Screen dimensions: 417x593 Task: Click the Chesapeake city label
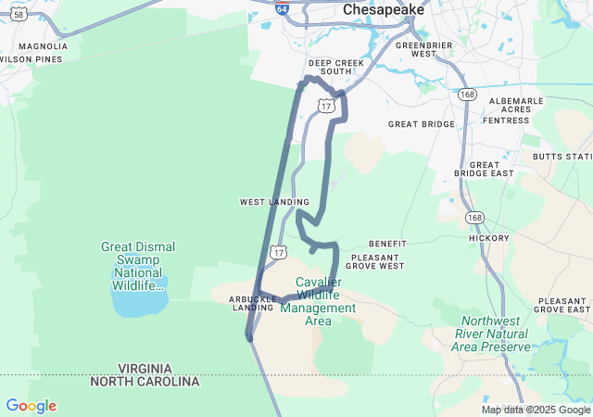[383, 9]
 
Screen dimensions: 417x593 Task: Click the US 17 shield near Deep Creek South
[325, 106]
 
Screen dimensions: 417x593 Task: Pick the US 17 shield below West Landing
[279, 251]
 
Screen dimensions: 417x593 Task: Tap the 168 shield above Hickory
[475, 217]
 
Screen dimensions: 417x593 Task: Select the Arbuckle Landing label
[254, 303]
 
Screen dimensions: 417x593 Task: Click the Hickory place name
[489, 238]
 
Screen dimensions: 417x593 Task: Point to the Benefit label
[387, 244]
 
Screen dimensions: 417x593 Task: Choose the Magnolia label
[43, 46]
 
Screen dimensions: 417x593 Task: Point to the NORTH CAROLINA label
[145, 382]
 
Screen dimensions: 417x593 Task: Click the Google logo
[31, 406]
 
